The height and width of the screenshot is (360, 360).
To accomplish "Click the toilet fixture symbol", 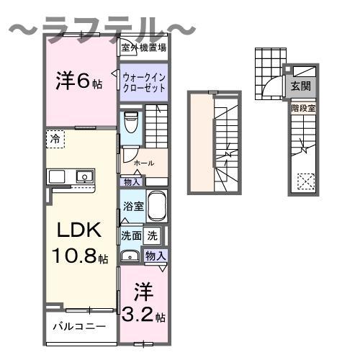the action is (x=131, y=122).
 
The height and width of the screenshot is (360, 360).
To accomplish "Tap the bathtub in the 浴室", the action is (x=157, y=207).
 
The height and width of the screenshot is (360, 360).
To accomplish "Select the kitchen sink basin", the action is (x=84, y=177).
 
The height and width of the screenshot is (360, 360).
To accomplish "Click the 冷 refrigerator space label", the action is (x=55, y=139).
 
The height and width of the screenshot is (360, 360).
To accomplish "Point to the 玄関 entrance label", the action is (x=301, y=86).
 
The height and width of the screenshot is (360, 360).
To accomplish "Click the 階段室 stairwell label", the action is (x=303, y=108).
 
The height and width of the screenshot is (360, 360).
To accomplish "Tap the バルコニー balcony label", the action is (x=79, y=327).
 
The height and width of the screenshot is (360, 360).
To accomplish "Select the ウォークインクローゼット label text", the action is (x=144, y=83).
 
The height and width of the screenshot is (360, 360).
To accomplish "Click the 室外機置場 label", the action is (x=143, y=48).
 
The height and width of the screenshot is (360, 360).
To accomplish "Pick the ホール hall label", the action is (x=144, y=163).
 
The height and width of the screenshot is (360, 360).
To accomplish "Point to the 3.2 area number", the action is (x=138, y=315).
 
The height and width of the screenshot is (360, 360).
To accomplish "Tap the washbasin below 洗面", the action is (x=130, y=256).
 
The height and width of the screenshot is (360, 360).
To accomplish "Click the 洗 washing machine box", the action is (x=152, y=235).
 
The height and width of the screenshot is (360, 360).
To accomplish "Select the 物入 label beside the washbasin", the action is (x=156, y=256).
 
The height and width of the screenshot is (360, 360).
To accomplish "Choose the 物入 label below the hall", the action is (x=132, y=182).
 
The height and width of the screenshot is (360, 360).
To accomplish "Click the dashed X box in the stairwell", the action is (x=306, y=181).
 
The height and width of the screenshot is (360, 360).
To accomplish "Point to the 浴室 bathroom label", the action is (x=133, y=207).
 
